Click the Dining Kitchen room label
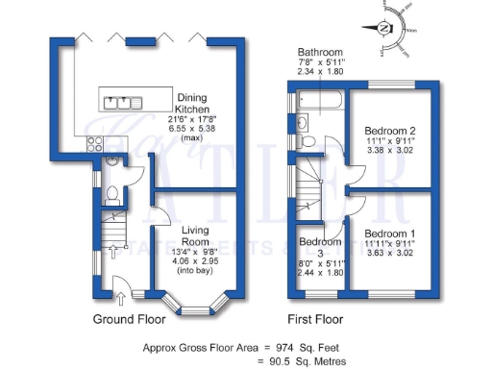tap(197, 103)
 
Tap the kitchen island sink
tap(123, 101)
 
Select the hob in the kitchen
tap(97, 144)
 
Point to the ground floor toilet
tap(112, 195)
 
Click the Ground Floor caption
tap(129, 318)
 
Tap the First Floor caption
tap(314, 318)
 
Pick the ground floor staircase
tap(114, 232)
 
